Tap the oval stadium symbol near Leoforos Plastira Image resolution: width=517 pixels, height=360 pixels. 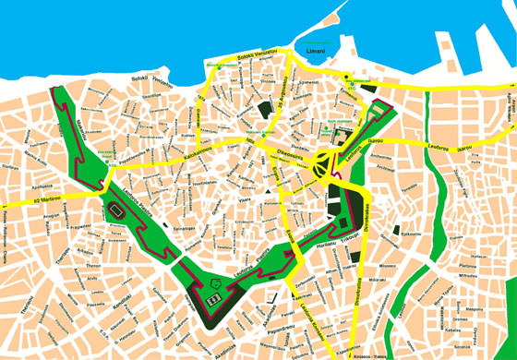pos(116,212)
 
